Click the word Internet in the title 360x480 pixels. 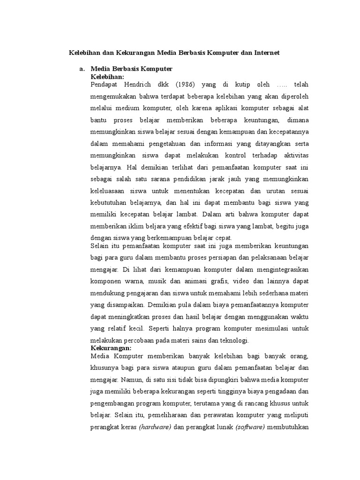tap(266, 53)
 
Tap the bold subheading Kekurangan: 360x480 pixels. tap(111, 348)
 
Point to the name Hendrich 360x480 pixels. tap(141, 84)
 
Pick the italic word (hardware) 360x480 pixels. tap(155, 427)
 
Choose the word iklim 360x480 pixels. tap(129, 226)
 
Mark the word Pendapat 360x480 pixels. tap(105, 84)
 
